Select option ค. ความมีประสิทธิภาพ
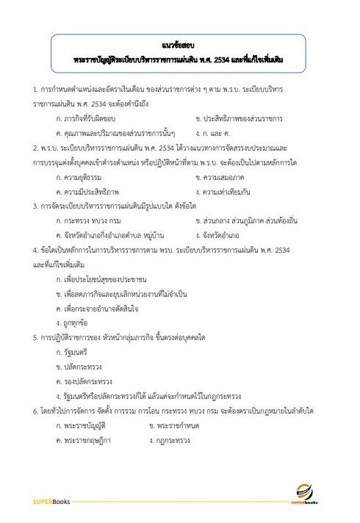(x=85, y=193)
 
